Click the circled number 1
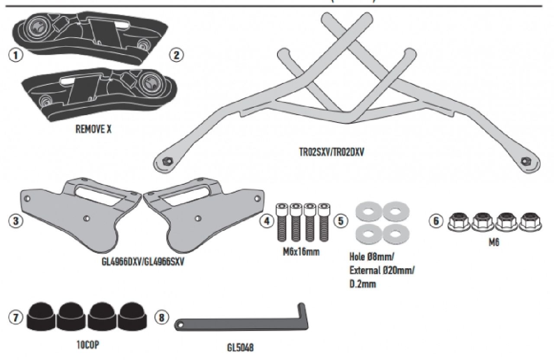pyautogui.click(x=16, y=55)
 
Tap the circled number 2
pyautogui.click(x=176, y=55)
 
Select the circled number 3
pyautogui.click(x=16, y=221)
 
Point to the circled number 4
pyautogui.click(x=267, y=221)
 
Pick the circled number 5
pyautogui.click(x=341, y=221)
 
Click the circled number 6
pyautogui.click(x=436, y=221)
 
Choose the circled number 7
pyautogui.click(x=16, y=318)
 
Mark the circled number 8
pyautogui.click(x=161, y=318)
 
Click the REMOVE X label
pyautogui.click(x=93, y=129)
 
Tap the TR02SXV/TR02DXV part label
pyautogui.click(x=332, y=152)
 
